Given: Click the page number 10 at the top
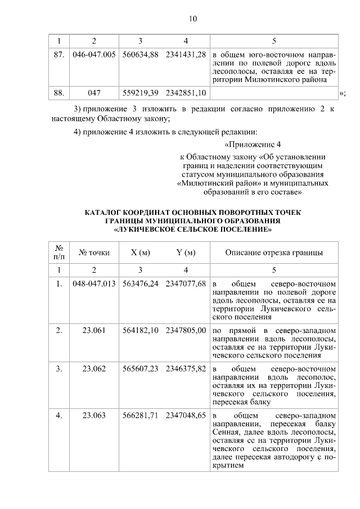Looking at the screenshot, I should [192, 19].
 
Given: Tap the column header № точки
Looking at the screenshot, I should [94, 253].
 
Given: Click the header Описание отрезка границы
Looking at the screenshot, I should [274, 253].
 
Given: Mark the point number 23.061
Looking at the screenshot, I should [94, 330].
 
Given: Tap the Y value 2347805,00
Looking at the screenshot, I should [186, 330].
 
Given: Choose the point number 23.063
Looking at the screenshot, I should [94, 416].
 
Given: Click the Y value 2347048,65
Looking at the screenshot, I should [186, 416].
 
